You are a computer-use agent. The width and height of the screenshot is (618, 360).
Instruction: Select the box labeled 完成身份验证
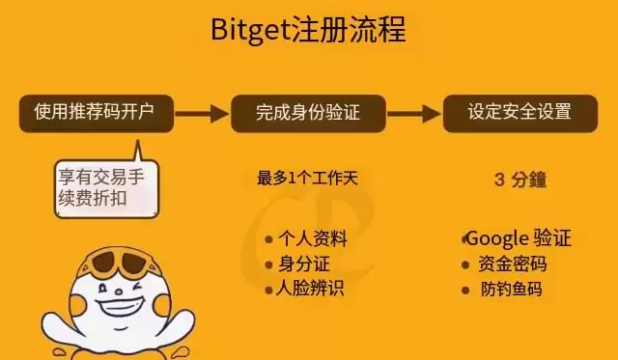coord(308,113)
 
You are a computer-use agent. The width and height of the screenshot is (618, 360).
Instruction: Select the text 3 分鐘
coord(520,179)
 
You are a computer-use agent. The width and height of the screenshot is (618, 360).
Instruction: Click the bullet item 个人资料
coord(311,240)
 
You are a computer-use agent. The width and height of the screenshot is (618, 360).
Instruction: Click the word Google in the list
coord(497,238)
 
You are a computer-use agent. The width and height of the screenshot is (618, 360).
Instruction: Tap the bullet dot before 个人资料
coord(269,240)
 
